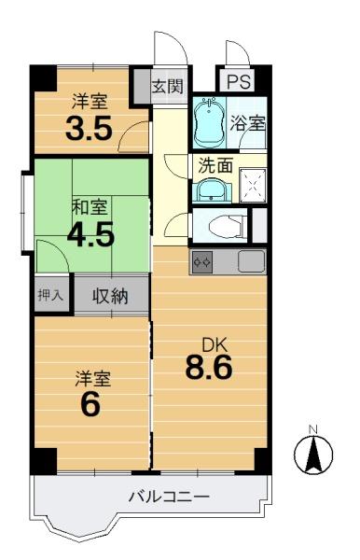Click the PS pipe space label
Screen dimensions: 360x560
239,82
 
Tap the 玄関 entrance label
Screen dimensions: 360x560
167,86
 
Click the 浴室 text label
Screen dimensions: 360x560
247,123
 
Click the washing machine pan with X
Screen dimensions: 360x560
253,186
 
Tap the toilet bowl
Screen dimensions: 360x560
226,226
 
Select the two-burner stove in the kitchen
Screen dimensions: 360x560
202,262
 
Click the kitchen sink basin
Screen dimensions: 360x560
252,261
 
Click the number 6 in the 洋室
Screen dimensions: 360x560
90,405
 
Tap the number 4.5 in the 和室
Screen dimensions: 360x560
91,234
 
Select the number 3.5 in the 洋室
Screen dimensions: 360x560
89,128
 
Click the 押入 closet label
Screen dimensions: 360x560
50,295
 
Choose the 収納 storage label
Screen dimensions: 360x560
110,296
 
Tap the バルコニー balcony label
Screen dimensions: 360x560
169,497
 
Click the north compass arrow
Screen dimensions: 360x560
313,454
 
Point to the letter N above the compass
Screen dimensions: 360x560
313,429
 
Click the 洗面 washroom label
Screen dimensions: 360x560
215,165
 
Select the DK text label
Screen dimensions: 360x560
215,345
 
